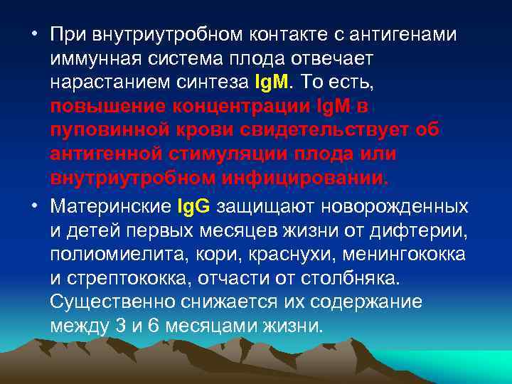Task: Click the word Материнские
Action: click(x=109, y=207)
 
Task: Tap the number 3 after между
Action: click(x=117, y=326)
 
